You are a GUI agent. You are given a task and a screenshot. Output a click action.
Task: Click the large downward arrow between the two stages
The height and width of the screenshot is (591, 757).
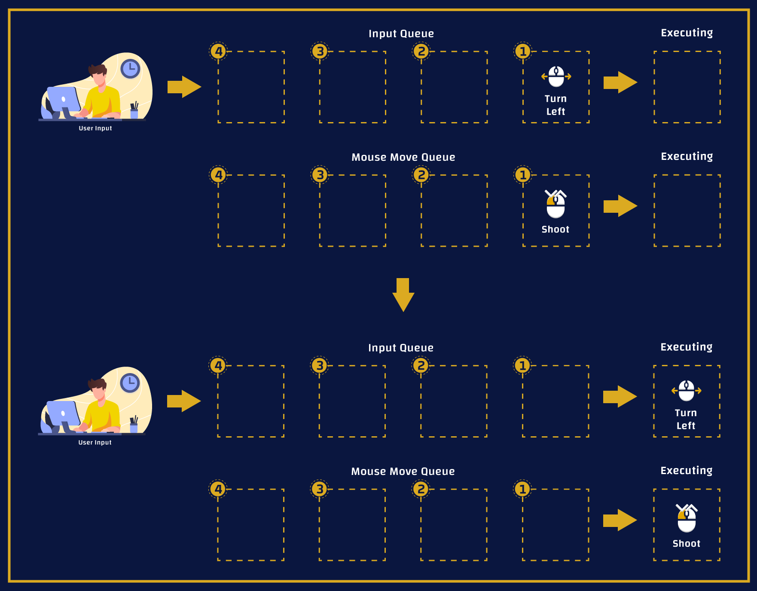click(403, 294)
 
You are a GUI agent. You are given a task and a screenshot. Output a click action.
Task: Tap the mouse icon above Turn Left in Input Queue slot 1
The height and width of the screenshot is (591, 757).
click(556, 77)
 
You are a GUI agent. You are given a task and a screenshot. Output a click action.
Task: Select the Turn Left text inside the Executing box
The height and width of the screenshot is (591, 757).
click(686, 419)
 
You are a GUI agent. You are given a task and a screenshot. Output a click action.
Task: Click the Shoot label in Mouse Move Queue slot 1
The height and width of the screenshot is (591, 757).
click(555, 230)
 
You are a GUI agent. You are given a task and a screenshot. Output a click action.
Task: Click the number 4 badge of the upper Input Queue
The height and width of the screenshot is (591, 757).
click(219, 52)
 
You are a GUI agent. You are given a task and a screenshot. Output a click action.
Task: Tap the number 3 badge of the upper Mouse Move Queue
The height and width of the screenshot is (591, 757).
click(320, 175)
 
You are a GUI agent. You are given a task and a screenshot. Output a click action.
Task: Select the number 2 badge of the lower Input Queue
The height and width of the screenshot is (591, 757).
click(421, 366)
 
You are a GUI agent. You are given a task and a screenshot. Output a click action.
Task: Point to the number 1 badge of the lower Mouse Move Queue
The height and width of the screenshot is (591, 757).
click(522, 489)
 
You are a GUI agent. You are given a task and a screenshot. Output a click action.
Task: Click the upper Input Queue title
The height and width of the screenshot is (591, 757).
click(401, 34)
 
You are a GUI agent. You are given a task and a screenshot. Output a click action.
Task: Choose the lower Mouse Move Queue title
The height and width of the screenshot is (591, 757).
click(403, 472)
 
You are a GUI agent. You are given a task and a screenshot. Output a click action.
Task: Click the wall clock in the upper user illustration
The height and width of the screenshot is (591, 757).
click(130, 69)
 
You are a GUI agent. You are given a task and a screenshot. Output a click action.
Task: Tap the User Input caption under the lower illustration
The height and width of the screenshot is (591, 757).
click(95, 442)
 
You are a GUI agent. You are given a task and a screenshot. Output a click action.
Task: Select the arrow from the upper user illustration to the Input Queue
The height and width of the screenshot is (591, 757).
click(184, 87)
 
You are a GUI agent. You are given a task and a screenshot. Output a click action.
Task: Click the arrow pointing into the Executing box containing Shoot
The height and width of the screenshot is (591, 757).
click(620, 520)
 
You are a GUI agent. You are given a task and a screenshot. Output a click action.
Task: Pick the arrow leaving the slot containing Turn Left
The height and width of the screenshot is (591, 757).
click(620, 82)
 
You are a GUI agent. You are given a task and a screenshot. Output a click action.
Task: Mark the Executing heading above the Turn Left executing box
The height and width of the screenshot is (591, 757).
click(686, 347)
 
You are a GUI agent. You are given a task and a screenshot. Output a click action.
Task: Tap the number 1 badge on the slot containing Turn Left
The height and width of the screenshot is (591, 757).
click(523, 52)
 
